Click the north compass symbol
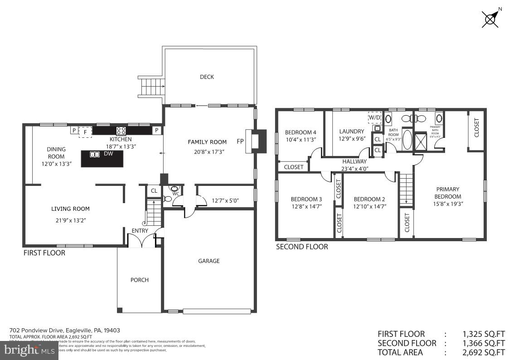pyautogui.click(x=491, y=19)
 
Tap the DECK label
pyautogui.click(x=207, y=77)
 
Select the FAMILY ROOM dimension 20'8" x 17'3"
pyautogui.click(x=207, y=151)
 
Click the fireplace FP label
pyautogui.click(x=240, y=141)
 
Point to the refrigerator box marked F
pyautogui.click(x=85, y=131)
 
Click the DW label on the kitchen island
pyautogui.click(x=108, y=154)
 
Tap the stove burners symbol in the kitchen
pyautogui.click(x=121, y=131)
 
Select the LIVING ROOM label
pyautogui.click(x=70, y=209)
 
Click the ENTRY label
pyautogui.click(x=140, y=231)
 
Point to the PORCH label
pyautogui.click(x=140, y=280)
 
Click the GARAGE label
pyautogui.click(x=208, y=261)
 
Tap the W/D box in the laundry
pyautogui.click(x=375, y=117)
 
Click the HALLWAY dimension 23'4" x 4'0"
pyautogui.click(x=354, y=169)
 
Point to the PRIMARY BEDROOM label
pyautogui.click(x=448, y=193)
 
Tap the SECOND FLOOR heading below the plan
pyautogui.click(x=302, y=247)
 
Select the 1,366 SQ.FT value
pyautogui.click(x=483, y=343)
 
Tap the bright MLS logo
pyautogui.click(x=29, y=350)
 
